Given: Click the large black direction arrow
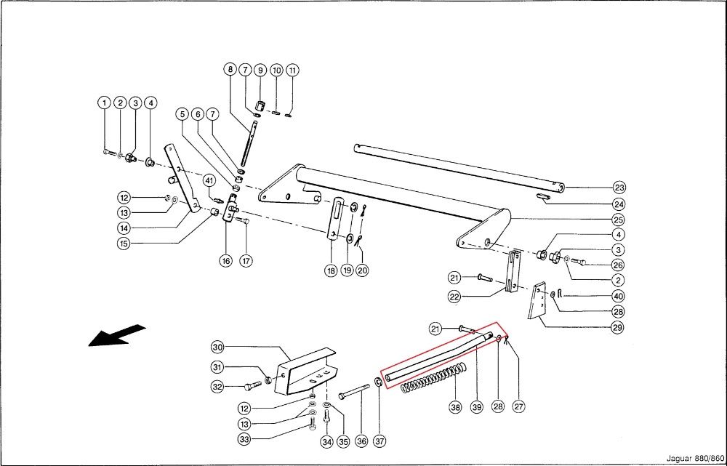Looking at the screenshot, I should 116,336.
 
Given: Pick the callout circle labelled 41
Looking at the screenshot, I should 209,180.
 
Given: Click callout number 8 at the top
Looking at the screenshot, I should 230,70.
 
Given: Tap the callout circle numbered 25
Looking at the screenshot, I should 619,220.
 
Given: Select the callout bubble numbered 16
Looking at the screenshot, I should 226,260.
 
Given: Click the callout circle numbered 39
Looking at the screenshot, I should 477,407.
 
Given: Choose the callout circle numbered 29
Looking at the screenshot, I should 618,328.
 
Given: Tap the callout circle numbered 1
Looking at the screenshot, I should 105,103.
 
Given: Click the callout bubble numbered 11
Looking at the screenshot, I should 292,71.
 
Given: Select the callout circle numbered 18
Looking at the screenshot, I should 331,270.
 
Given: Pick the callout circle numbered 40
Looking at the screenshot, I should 618,296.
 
